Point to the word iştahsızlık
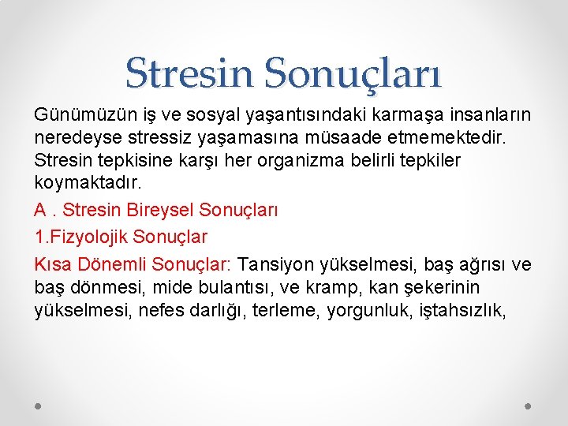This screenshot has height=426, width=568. coord(464,311)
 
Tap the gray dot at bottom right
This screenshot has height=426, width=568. coord(529,405)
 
